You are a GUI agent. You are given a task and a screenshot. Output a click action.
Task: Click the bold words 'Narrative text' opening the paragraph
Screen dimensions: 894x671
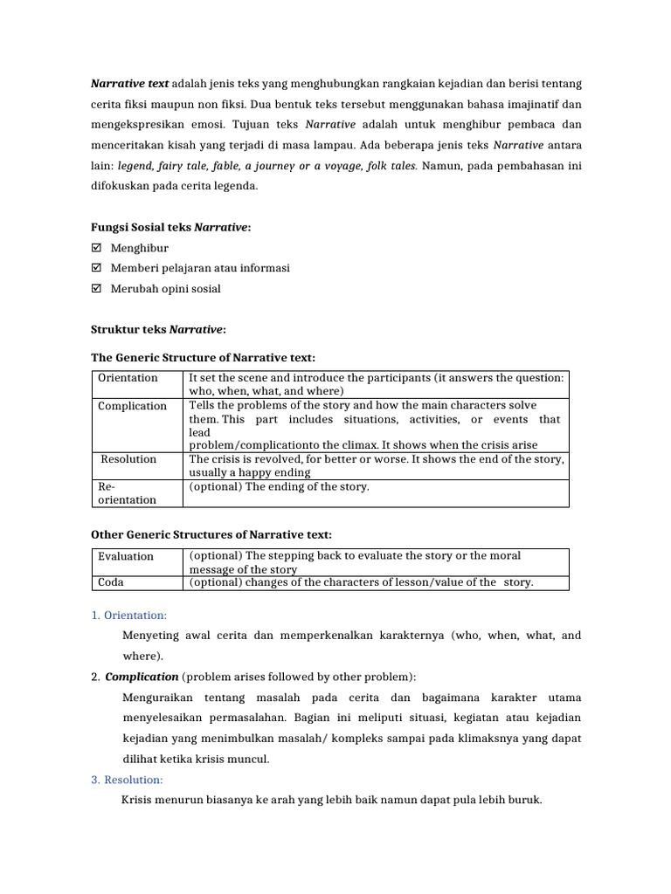(130, 84)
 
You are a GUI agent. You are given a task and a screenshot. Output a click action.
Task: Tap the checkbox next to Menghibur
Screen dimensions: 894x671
(97, 248)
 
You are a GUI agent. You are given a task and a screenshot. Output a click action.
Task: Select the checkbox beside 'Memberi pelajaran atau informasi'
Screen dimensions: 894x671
(97, 268)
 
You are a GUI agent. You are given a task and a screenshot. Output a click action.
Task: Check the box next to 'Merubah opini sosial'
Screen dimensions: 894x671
(97, 288)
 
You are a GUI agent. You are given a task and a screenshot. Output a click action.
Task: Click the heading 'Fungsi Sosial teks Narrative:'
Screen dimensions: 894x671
(171, 228)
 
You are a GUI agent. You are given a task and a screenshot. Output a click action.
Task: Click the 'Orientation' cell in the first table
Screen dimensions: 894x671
(128, 378)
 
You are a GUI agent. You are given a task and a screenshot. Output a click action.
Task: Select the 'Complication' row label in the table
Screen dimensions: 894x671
(132, 406)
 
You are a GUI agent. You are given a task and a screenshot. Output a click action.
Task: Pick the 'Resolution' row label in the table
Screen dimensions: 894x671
(128, 459)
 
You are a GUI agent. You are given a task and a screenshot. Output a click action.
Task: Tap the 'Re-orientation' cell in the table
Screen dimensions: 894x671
(127, 493)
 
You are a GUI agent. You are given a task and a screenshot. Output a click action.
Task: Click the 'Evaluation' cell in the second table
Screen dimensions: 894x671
(126, 556)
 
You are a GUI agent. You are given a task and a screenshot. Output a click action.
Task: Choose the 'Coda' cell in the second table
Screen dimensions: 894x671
(111, 583)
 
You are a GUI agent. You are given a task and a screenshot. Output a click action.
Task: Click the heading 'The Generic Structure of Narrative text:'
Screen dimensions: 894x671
(203, 358)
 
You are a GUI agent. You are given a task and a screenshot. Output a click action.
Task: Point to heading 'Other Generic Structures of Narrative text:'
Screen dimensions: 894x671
(211, 534)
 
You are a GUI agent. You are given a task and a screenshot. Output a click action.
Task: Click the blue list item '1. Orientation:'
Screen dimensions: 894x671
(128, 615)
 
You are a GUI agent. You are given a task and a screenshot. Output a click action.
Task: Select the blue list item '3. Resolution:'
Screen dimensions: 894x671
(127, 780)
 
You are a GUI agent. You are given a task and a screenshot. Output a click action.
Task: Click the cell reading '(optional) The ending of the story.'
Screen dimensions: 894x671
(279, 487)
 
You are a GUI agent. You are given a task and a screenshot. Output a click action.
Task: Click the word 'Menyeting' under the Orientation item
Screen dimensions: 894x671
(149, 636)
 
